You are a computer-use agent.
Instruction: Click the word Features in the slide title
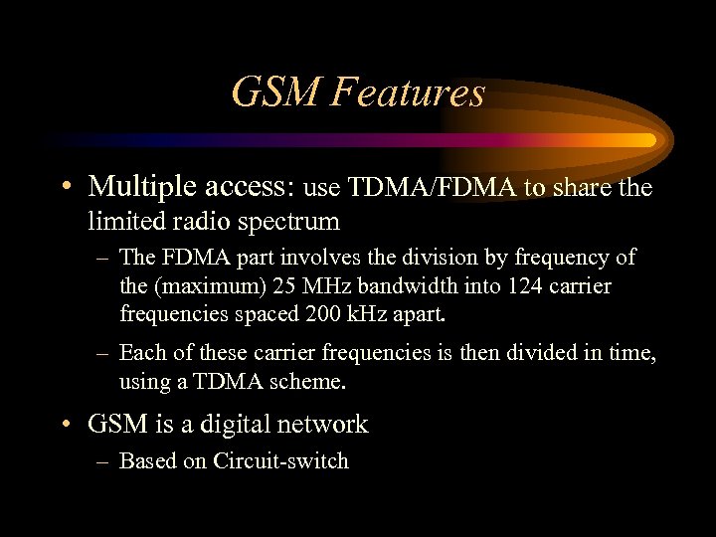pos(409,92)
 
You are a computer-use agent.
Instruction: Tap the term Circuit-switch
pos(281,460)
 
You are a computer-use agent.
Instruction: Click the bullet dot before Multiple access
pos(65,187)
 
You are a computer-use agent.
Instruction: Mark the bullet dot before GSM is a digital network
pos(65,426)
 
